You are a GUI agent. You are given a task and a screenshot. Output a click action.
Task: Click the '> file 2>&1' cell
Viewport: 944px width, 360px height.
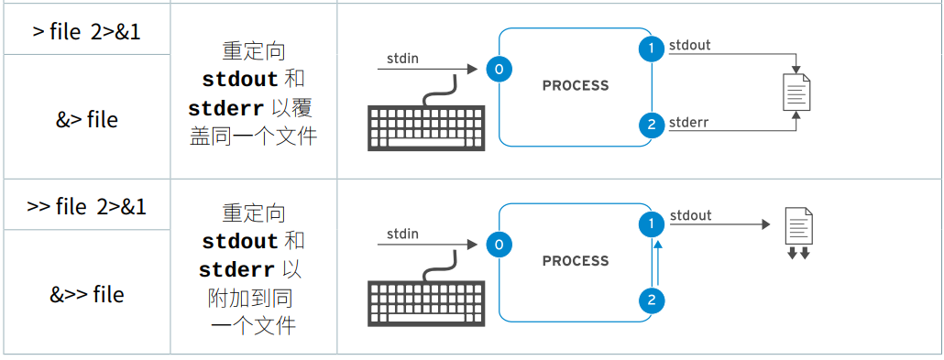point(87,31)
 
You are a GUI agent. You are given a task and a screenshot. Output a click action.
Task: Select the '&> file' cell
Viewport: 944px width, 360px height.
point(87,119)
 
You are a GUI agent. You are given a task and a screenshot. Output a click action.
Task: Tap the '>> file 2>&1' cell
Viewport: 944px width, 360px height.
point(87,206)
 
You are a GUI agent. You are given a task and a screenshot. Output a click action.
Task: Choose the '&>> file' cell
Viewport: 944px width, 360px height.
point(87,294)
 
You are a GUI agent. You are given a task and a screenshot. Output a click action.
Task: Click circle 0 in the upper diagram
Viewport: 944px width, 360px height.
point(499,70)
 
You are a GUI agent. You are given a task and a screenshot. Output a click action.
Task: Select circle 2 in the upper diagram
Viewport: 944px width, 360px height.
point(651,125)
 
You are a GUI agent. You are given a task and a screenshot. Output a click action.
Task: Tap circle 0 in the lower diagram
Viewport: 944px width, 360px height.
point(499,245)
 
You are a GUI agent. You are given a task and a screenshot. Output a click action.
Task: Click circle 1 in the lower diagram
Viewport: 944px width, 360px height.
point(651,224)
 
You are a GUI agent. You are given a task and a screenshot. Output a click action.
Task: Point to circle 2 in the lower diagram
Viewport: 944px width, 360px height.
point(651,300)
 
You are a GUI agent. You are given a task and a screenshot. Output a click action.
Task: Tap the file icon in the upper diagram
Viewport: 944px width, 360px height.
point(796,93)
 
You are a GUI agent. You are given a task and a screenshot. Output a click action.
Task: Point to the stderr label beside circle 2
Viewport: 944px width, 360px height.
point(688,123)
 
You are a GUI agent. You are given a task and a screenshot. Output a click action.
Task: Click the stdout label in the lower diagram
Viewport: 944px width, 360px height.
point(690,215)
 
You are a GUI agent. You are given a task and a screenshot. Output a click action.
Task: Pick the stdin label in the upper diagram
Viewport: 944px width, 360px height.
point(402,59)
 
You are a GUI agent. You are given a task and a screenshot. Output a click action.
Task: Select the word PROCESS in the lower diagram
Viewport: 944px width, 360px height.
point(576,261)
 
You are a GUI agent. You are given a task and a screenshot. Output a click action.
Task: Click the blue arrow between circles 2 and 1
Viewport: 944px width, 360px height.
point(657,263)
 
